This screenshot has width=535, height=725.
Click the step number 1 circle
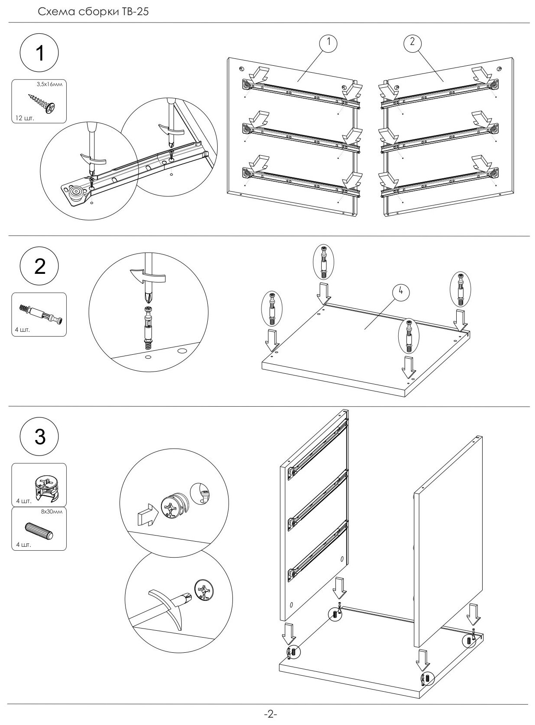click(x=39, y=55)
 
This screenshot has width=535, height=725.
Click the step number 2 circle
click(x=39, y=266)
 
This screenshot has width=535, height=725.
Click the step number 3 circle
click(x=39, y=437)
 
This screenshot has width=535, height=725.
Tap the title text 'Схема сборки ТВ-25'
click(x=93, y=12)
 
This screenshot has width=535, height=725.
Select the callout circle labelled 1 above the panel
click(x=329, y=42)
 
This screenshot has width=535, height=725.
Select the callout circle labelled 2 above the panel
click(x=412, y=42)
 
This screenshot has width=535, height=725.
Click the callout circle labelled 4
click(x=401, y=292)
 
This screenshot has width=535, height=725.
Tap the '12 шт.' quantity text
click(x=23, y=118)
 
